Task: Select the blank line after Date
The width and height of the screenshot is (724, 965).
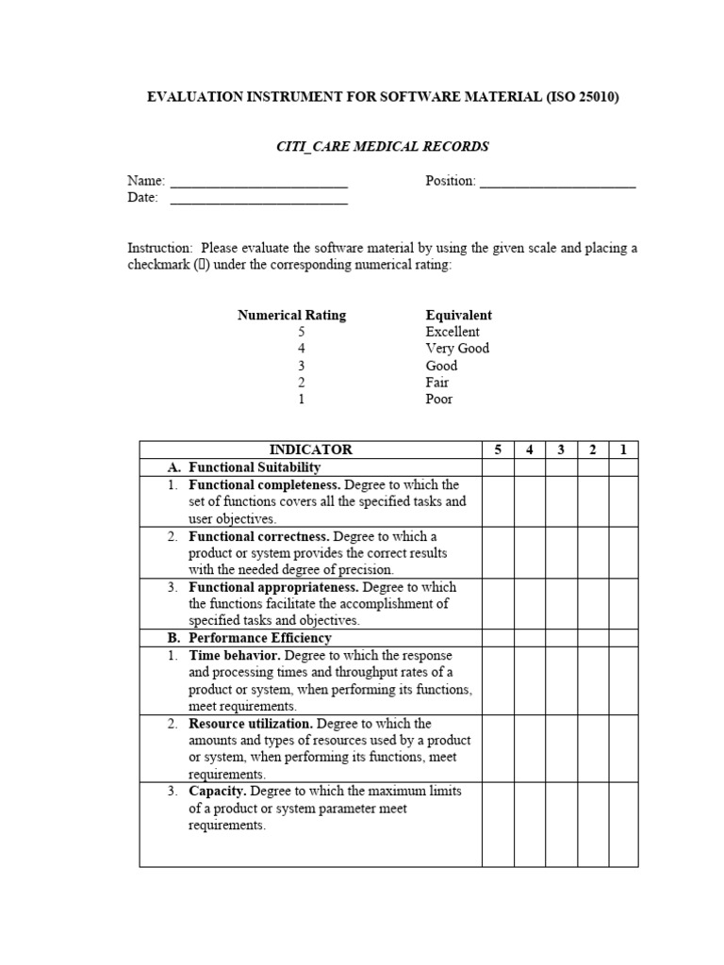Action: click(259, 200)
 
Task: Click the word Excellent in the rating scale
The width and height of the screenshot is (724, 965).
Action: click(452, 332)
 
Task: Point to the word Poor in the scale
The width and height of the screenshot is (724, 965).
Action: click(439, 399)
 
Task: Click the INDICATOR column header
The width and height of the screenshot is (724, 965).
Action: click(310, 450)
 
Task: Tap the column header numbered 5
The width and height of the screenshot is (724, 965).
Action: click(498, 450)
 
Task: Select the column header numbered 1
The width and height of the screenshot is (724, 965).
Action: click(623, 450)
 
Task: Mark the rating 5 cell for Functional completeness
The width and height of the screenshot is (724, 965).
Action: click(498, 501)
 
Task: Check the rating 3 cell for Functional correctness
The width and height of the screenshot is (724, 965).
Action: click(561, 552)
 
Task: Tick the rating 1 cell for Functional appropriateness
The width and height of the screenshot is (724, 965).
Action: click(623, 603)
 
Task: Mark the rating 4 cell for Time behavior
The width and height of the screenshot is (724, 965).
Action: click(530, 679)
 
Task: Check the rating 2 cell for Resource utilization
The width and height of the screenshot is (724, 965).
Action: click(592, 748)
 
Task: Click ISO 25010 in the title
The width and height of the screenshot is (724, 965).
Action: click(578, 97)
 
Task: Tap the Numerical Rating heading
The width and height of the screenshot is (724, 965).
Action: click(291, 315)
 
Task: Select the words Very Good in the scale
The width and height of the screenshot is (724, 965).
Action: click(457, 349)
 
